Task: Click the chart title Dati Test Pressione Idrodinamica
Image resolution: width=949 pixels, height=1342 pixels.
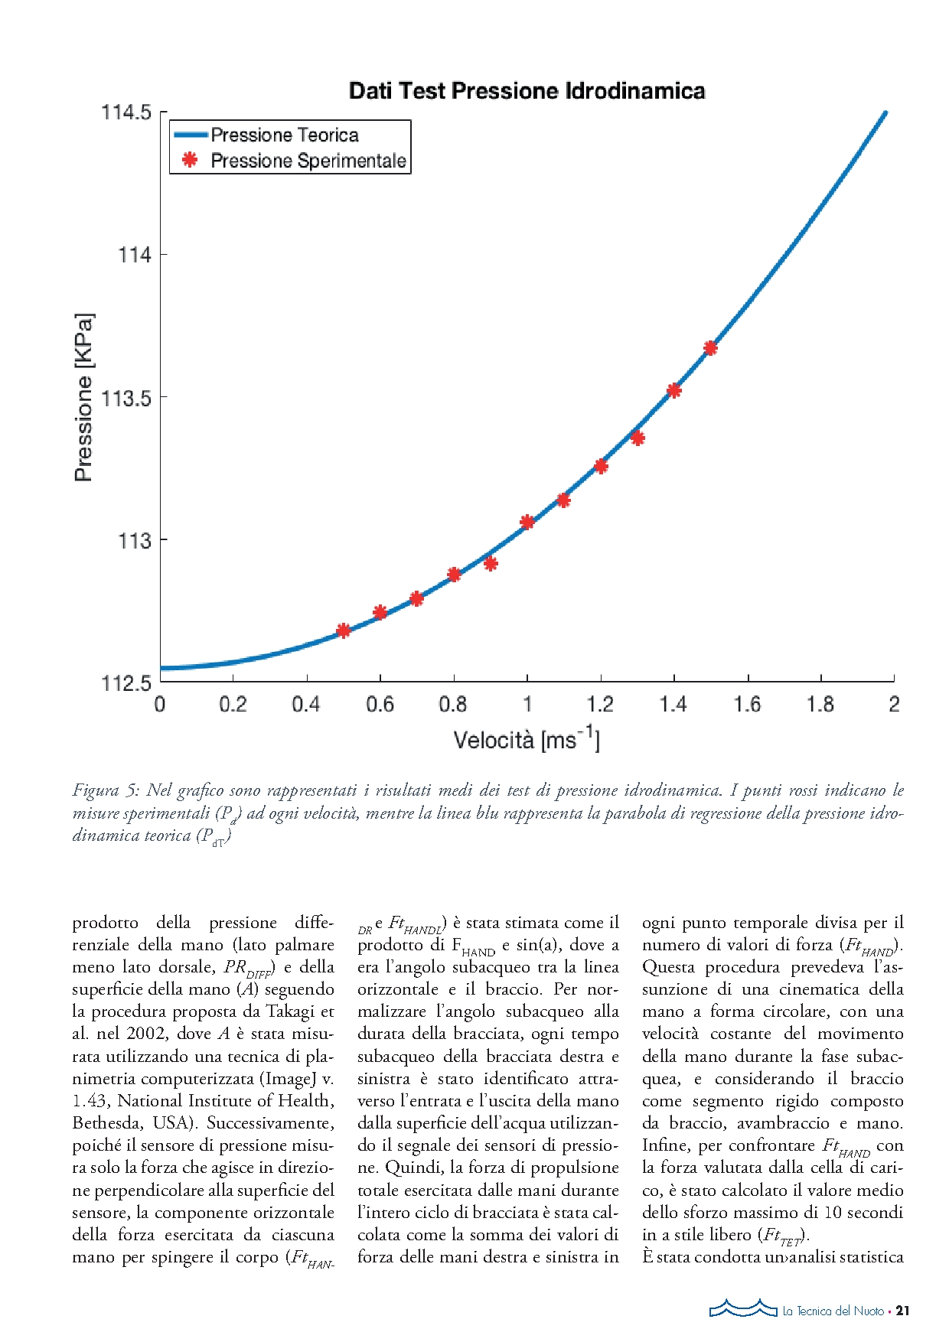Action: coord(527,91)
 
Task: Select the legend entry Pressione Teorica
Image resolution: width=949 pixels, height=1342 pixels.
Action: coord(284,135)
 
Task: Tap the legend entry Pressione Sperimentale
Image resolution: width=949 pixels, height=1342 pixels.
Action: coord(308,161)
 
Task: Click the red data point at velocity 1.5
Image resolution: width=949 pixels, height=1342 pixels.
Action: coord(710,348)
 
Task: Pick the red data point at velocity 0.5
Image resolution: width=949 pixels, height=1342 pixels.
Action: coord(344,630)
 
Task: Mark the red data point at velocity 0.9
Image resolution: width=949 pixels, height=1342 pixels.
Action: coord(491,564)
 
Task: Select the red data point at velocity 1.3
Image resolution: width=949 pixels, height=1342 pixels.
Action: coord(638,438)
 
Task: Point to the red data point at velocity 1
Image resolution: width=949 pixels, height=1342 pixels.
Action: coord(527,522)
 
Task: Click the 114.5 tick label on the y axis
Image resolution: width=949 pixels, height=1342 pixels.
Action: coord(126,112)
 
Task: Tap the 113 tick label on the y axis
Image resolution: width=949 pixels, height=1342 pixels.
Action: coord(135,541)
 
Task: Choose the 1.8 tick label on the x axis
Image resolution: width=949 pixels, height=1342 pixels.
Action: coord(820,704)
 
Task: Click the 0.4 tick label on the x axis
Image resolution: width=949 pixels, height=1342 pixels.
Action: coord(306,704)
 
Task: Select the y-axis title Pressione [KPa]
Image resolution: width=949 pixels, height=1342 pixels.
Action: coord(83,397)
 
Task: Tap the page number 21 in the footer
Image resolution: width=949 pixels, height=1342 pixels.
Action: coord(902,1311)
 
